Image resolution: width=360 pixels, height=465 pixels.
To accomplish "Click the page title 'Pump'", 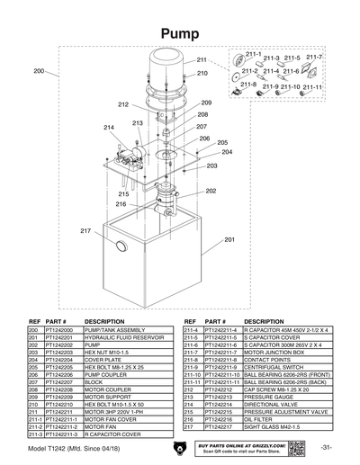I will [x=179, y=33].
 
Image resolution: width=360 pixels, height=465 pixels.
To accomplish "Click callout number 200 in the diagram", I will [x=39, y=70].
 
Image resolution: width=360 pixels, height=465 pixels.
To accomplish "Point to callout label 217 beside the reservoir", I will [x=85, y=231].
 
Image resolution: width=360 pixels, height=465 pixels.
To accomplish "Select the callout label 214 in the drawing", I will [x=109, y=129].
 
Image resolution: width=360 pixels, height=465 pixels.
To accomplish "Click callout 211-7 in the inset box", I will [x=314, y=57].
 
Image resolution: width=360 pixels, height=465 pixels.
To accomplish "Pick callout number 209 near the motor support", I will [x=206, y=103].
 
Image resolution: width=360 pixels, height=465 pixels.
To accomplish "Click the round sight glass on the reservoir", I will [x=120, y=246].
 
